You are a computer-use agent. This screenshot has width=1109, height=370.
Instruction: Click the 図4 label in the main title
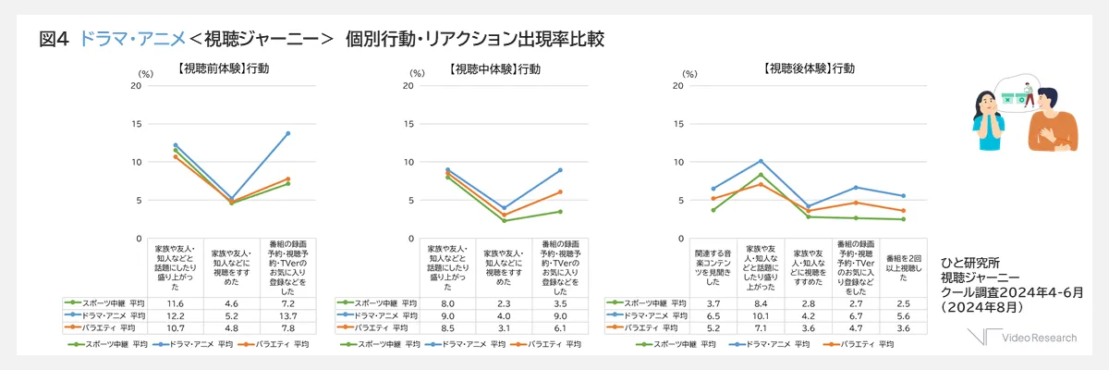pyautogui.click(x=55, y=39)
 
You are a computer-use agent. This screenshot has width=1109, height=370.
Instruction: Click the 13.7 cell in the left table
pyautogui.click(x=287, y=314)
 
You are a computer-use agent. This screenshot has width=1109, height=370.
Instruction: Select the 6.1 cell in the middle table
pyautogui.click(x=559, y=327)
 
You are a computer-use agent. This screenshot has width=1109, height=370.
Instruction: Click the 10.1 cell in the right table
pyautogui.click(x=760, y=314)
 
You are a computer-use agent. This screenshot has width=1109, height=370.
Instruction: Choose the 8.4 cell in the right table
pyautogui.click(x=760, y=302)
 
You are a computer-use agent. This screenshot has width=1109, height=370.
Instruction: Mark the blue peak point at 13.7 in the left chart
pyautogui.click(x=287, y=133)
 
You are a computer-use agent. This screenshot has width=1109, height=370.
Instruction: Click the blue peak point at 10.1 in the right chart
pyautogui.click(x=760, y=161)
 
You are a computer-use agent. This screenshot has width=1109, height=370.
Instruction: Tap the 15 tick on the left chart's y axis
pyautogui.click(x=136, y=124)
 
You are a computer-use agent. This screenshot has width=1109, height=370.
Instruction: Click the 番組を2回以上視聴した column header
pyautogui.click(x=903, y=265)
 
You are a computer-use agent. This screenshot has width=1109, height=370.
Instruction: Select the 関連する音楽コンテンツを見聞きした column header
pyautogui.click(x=713, y=265)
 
